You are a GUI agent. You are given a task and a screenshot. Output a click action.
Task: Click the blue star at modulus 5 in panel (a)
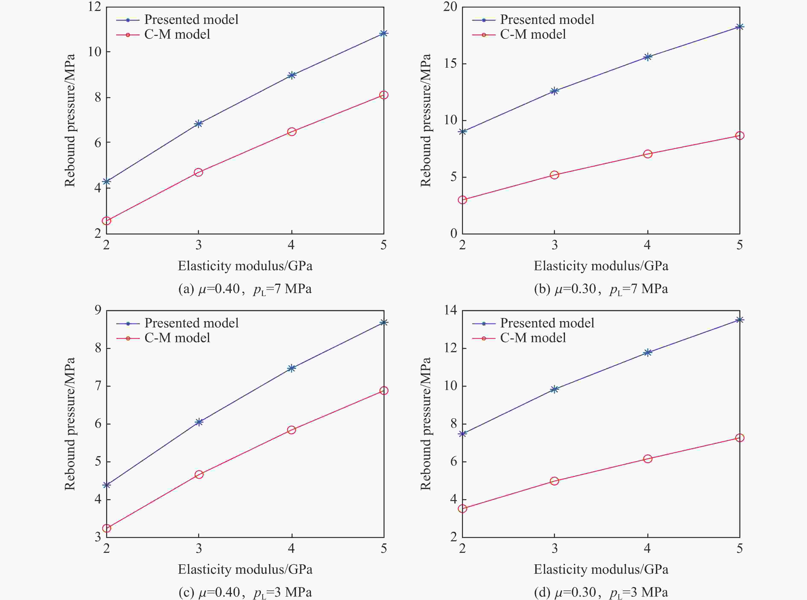(x=383, y=34)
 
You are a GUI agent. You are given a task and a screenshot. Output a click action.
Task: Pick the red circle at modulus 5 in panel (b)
(x=740, y=136)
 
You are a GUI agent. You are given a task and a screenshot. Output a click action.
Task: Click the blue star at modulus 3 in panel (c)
(x=199, y=422)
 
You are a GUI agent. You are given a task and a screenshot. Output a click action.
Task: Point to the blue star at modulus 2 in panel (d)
(x=462, y=434)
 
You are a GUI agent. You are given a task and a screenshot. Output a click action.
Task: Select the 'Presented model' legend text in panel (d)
(x=547, y=323)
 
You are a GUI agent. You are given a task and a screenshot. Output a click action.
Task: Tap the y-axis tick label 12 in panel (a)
(x=94, y=7)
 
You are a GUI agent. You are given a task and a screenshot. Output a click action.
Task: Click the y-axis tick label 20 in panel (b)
(x=450, y=7)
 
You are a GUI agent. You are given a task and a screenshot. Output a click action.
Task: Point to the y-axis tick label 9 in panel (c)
(x=98, y=310)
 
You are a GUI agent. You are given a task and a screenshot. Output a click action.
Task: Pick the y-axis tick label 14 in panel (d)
(x=450, y=310)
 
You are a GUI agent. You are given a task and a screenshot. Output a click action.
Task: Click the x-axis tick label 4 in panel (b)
(x=647, y=245)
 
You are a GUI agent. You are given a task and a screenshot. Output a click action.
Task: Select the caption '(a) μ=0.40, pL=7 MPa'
(x=245, y=289)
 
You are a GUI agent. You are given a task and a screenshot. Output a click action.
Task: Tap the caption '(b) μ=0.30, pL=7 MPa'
(x=601, y=289)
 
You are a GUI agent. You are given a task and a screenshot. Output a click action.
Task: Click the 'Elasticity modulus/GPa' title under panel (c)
(x=245, y=569)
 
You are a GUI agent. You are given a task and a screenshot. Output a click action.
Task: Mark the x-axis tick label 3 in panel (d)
(x=554, y=548)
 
